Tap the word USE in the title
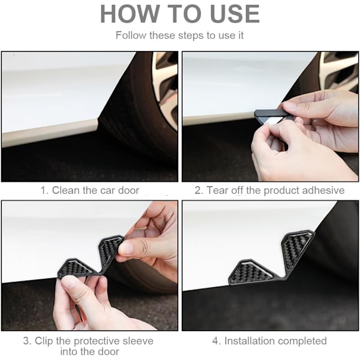click(235, 14)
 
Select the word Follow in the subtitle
click(131, 35)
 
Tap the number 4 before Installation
click(215, 341)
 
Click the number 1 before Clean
click(43, 191)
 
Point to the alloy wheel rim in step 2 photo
click(338, 71)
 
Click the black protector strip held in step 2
click(271, 113)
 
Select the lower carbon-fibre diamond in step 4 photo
click(251, 272)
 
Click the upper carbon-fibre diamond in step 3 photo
click(110, 250)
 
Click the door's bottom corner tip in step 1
click(98, 119)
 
